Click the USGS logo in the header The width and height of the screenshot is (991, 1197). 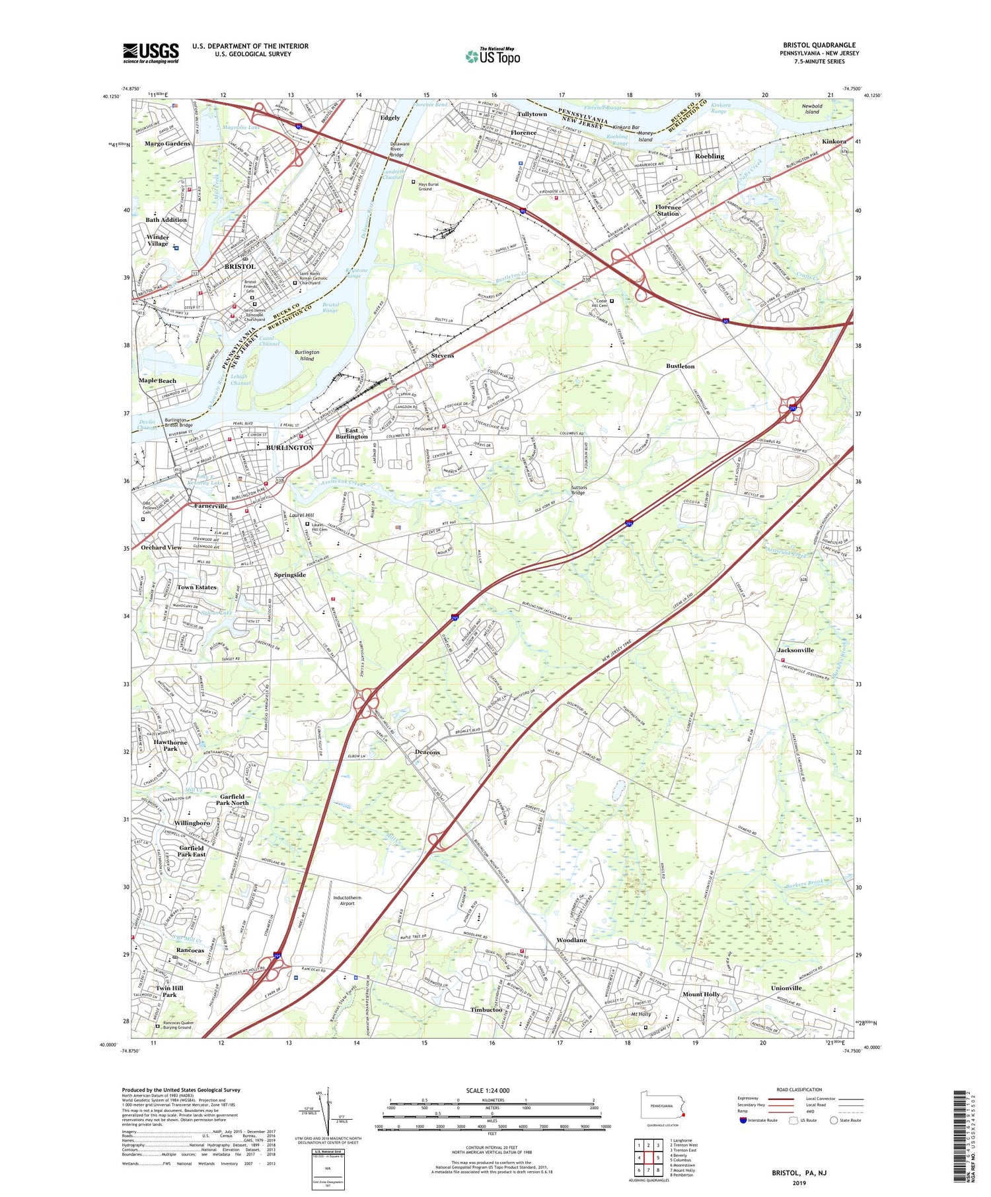[x=151, y=53]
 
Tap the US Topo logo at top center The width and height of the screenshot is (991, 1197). [x=492, y=57]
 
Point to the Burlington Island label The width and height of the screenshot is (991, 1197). [x=307, y=355]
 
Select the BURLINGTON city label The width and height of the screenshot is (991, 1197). [x=289, y=448]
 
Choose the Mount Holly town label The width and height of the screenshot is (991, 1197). [x=701, y=994]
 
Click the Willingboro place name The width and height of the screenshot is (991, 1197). [x=192, y=823]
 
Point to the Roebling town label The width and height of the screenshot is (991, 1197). [x=710, y=156]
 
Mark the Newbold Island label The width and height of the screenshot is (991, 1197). [x=811, y=109]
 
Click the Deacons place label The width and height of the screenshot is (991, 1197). [x=427, y=752]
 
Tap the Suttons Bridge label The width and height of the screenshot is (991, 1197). [x=579, y=490]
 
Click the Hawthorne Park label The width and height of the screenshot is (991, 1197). [x=170, y=745]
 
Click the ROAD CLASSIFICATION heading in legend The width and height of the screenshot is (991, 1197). [x=799, y=1089]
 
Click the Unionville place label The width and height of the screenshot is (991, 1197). [x=786, y=988]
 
